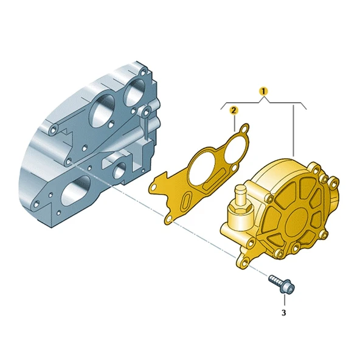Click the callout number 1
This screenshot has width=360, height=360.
point(263,91)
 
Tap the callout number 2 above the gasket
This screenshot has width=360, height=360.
point(233,110)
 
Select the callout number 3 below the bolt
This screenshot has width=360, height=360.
point(283,313)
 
